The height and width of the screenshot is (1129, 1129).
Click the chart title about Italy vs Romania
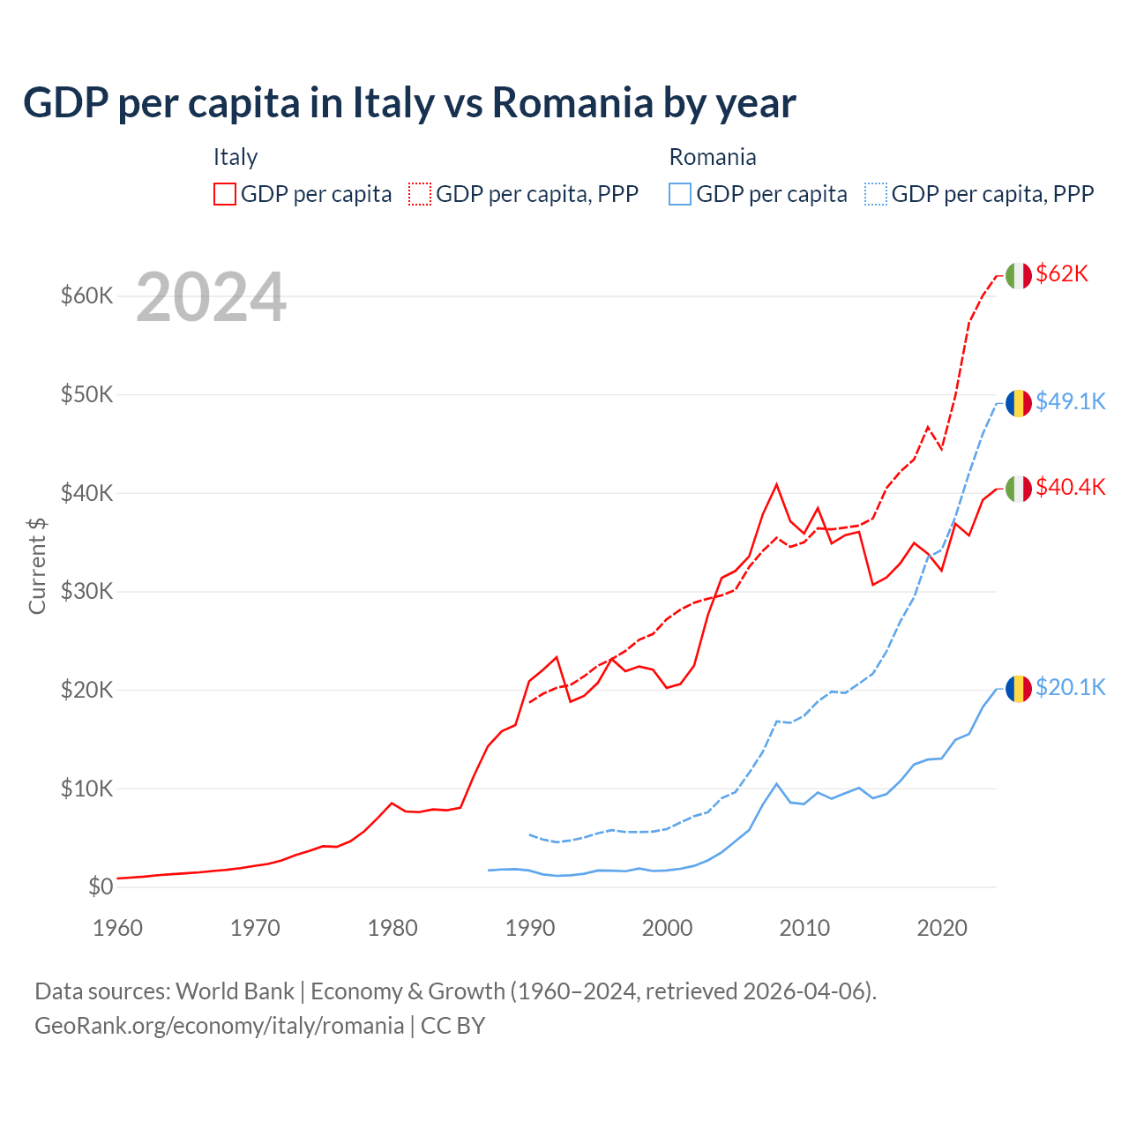(x=409, y=103)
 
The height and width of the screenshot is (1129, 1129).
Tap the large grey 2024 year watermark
(x=211, y=297)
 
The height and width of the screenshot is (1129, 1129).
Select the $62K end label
(x=1062, y=274)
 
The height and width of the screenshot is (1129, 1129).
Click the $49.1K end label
(x=1070, y=401)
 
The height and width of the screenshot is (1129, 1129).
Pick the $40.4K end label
(x=1070, y=487)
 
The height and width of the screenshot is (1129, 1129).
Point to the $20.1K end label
(x=1070, y=687)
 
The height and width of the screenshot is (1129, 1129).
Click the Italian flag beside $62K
(x=1019, y=275)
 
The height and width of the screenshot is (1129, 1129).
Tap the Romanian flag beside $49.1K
(x=1019, y=403)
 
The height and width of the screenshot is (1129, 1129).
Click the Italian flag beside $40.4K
(x=1019, y=489)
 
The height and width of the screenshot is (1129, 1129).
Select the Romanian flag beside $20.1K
(x=1019, y=689)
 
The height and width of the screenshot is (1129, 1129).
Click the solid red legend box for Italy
(x=225, y=194)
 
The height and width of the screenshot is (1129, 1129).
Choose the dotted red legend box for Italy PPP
(x=420, y=194)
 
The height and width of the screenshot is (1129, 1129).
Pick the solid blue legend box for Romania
(x=680, y=194)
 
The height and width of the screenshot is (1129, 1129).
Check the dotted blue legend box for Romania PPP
(x=876, y=194)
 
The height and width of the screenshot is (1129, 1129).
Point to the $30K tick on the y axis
(x=86, y=591)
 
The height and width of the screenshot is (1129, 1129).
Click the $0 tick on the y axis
(x=101, y=887)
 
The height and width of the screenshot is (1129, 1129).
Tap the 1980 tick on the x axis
(x=393, y=928)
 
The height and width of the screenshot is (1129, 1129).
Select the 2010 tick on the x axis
(x=804, y=928)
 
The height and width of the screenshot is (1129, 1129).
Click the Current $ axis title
(x=37, y=566)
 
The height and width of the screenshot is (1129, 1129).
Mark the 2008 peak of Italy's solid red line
(x=776, y=484)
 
